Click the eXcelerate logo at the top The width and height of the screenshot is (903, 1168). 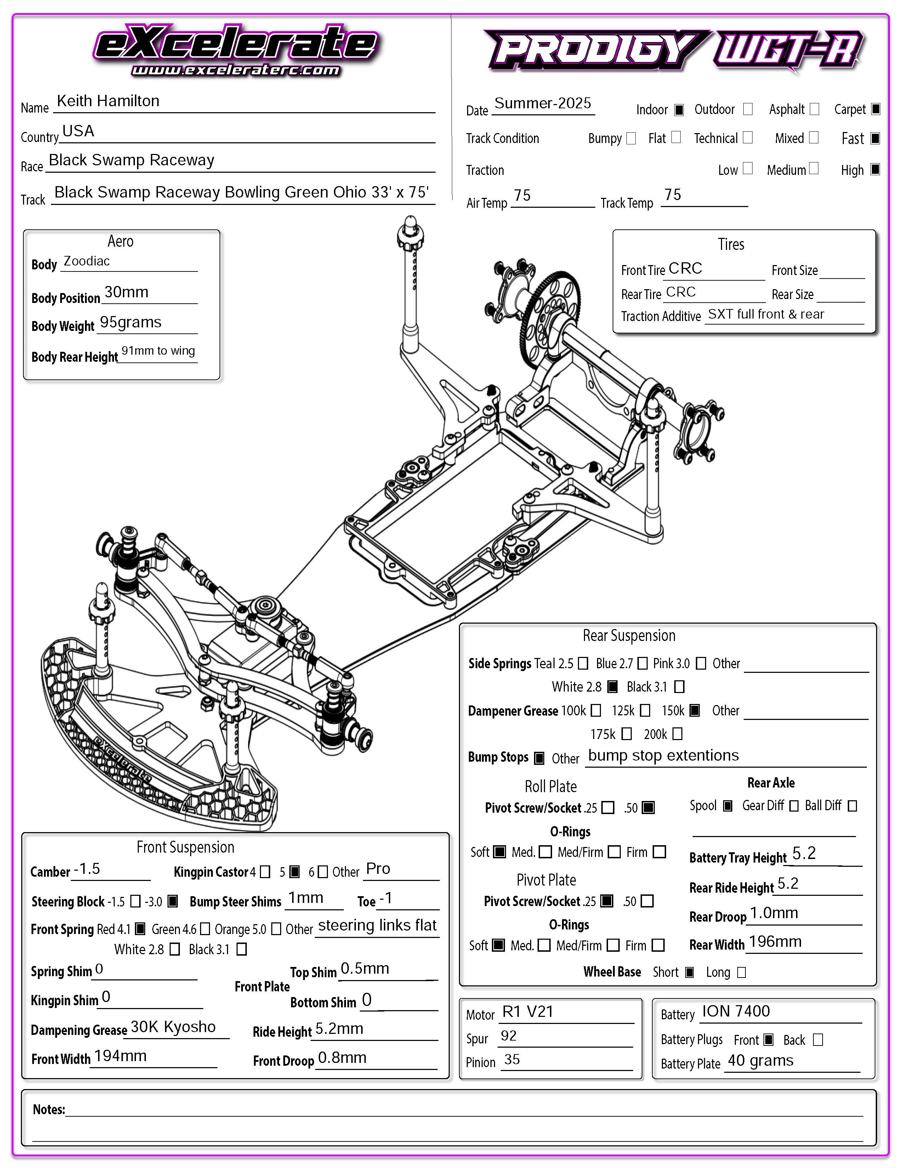click(235, 49)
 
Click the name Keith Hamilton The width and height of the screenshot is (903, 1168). click(108, 101)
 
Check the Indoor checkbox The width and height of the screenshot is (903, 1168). click(679, 110)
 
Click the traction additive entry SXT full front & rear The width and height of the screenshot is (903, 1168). click(766, 314)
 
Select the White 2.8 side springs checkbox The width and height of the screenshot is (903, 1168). click(613, 687)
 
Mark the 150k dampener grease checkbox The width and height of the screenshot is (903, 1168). click(694, 710)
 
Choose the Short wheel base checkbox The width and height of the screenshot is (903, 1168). click(689, 972)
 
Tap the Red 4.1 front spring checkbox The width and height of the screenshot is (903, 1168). click(140, 929)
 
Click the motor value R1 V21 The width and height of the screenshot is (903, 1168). click(528, 1012)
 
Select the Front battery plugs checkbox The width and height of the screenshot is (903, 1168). click(768, 1040)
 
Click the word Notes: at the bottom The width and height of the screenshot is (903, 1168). click(49, 1109)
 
